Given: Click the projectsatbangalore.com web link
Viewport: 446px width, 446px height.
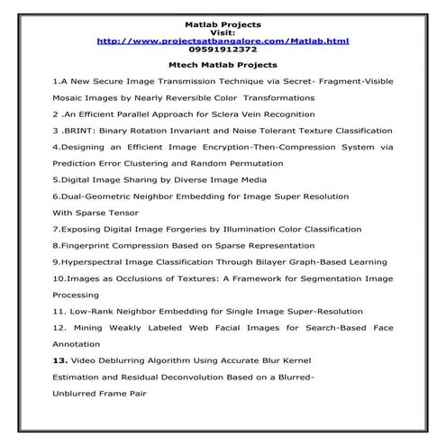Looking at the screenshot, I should click(222, 41).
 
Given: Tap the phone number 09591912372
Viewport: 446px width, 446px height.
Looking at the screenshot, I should click(222, 50).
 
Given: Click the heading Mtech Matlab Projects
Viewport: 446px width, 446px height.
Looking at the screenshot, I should click(222, 65).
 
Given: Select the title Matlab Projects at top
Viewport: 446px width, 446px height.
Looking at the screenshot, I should click(222, 17).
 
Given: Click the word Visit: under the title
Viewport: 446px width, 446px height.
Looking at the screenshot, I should click(222, 29).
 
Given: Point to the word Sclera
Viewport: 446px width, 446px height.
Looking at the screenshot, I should click(215, 114).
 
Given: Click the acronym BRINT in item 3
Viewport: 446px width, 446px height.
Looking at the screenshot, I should click(81, 130).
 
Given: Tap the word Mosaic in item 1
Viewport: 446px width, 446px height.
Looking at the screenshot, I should click(70, 97).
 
